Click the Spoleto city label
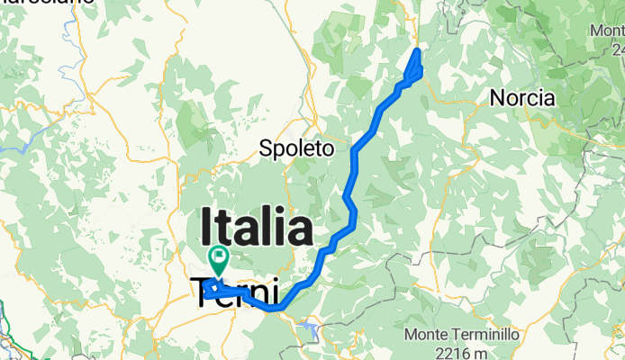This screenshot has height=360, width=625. click(x=296, y=148)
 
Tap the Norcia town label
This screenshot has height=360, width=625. click(x=521, y=98)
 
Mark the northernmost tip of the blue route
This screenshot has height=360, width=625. click(x=419, y=50)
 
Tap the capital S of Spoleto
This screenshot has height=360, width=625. click(x=265, y=148)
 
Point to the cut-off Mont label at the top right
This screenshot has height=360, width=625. click(x=607, y=30)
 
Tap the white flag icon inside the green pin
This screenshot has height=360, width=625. click(x=218, y=256)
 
